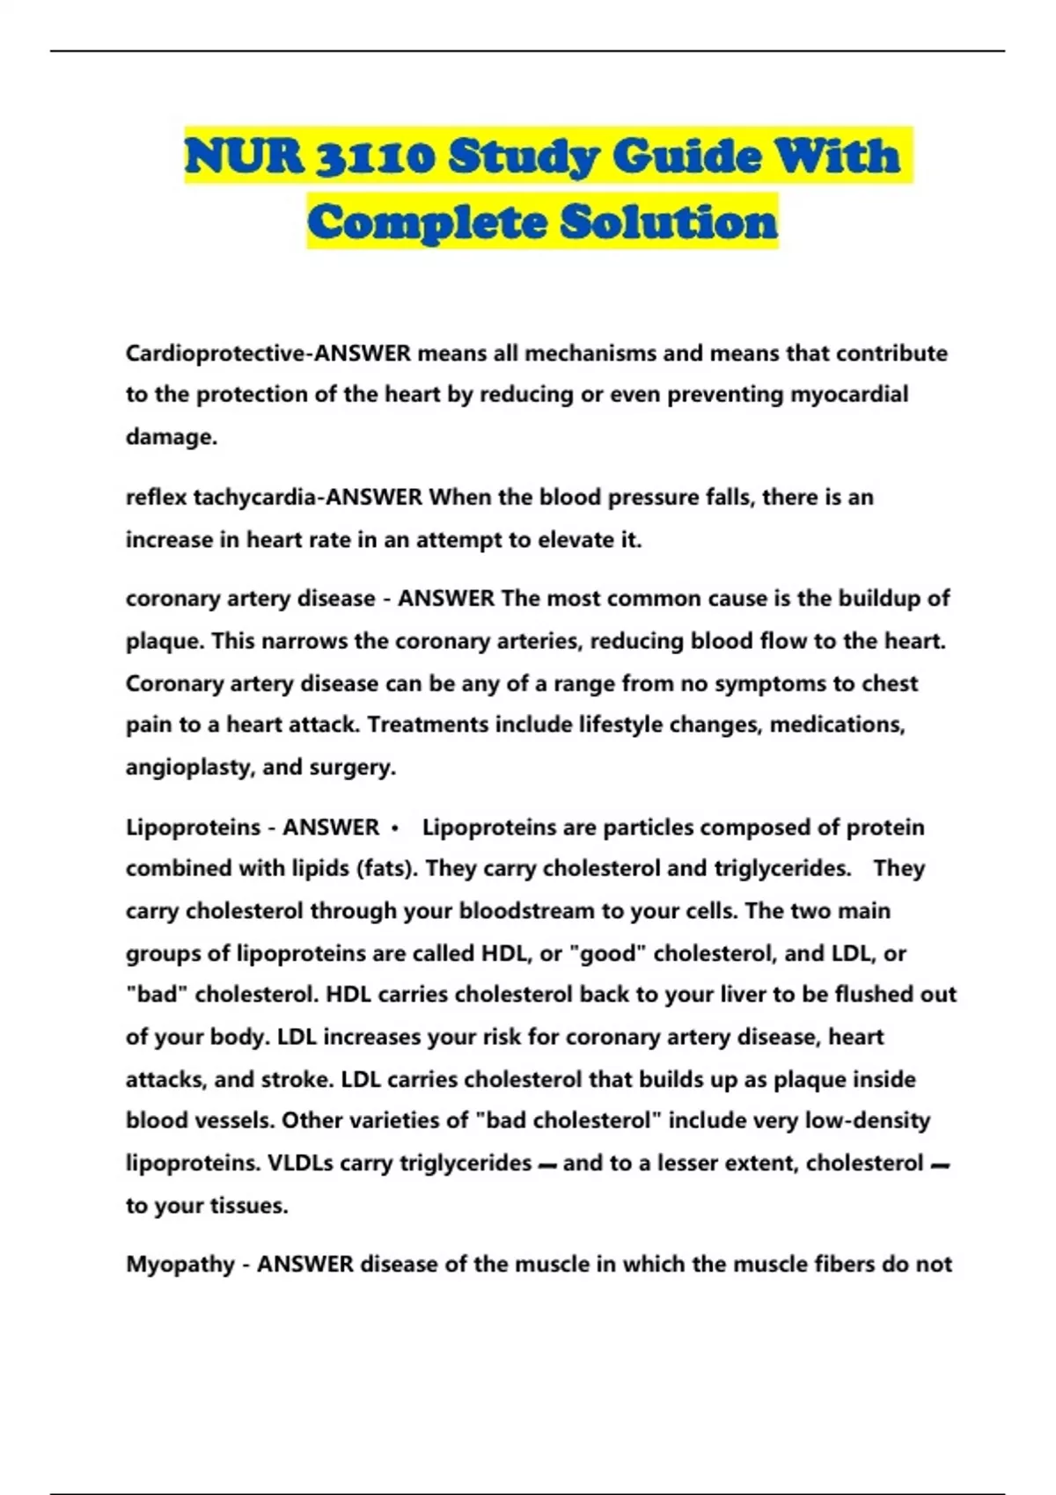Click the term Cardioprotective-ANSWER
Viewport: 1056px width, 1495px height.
(268, 354)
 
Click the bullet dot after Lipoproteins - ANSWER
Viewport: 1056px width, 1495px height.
(395, 828)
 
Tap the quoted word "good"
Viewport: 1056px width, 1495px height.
(607, 953)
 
